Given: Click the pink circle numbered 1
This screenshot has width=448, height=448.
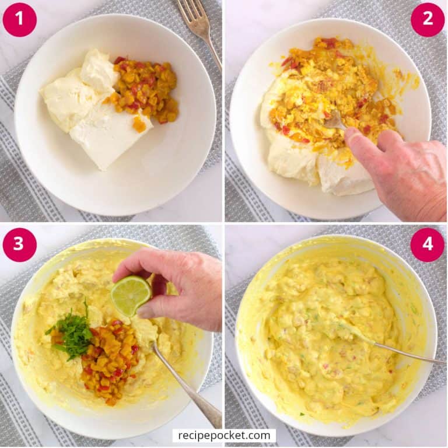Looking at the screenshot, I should coord(19,19).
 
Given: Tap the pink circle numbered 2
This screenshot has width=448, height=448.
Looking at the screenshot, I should coord(428,19).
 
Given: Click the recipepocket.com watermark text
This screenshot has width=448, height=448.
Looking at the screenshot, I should coord(224,435).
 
